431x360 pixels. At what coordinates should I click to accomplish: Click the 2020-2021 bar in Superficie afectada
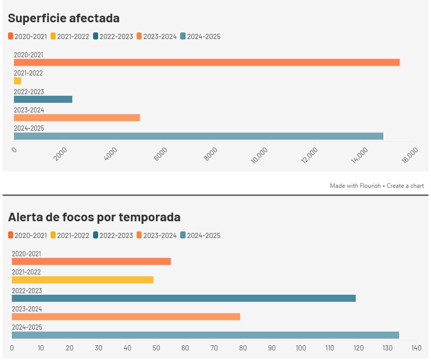pos(206,62)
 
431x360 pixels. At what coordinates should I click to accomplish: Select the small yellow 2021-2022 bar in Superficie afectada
pos(17,81)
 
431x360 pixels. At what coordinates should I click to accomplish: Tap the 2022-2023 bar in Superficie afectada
pos(43,99)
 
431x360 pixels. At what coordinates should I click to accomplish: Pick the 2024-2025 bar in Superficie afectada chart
pos(198,136)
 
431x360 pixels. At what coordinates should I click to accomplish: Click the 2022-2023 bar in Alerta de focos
pos(184,298)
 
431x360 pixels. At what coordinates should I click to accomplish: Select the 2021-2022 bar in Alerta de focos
pos(82,280)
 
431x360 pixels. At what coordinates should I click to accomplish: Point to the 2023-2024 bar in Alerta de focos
pos(126,316)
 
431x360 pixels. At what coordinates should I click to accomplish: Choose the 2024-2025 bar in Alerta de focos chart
pos(205,335)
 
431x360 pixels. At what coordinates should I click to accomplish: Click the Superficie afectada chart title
pos(64,18)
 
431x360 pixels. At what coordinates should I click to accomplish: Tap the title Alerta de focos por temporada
pos(94,217)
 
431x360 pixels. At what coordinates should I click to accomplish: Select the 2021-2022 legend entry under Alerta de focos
pos(70,235)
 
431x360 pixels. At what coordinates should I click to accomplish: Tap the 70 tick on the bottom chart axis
pos(214,348)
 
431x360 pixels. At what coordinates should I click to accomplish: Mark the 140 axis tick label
pos(416,348)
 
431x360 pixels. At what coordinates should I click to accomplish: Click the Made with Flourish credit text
pos(355,186)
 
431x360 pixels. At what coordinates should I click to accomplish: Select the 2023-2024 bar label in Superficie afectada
pos(29,110)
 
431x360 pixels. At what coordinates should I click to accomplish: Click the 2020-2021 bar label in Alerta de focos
pos(27,254)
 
